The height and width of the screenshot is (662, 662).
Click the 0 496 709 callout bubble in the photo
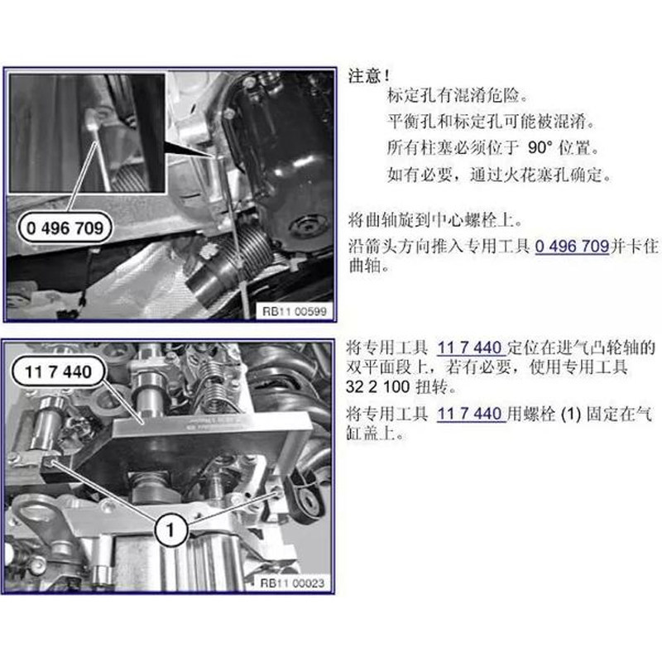(x=65, y=228)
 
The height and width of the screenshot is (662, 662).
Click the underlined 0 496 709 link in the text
(x=572, y=246)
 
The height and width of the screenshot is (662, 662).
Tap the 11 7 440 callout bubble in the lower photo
(x=58, y=372)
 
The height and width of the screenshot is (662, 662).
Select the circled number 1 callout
(x=170, y=530)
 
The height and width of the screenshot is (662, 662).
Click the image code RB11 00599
(x=295, y=312)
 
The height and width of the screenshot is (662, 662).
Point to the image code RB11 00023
(x=292, y=583)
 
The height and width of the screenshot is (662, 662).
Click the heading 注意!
(x=369, y=76)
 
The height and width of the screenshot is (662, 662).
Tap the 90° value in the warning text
(x=540, y=148)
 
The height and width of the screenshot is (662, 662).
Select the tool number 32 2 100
(x=377, y=386)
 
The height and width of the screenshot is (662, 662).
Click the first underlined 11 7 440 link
(x=469, y=348)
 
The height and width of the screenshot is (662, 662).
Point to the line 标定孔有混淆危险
(x=458, y=96)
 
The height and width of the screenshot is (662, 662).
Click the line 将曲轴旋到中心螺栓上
(x=435, y=220)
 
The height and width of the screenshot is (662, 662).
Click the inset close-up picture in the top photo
(x=87, y=133)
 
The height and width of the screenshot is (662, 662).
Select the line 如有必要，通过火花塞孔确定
(x=499, y=175)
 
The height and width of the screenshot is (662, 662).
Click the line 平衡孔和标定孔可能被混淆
(x=491, y=122)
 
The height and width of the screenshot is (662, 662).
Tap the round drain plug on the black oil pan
(x=308, y=227)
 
